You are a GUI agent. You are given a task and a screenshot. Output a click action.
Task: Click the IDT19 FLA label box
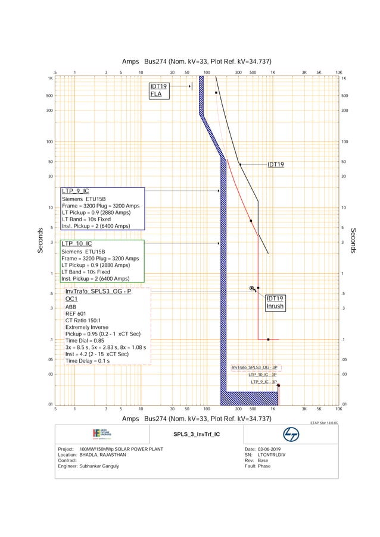click(x=159, y=90)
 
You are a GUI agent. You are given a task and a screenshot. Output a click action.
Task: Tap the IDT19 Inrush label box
click(x=275, y=303)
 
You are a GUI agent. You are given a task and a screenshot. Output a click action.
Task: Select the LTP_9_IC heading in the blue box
click(x=75, y=191)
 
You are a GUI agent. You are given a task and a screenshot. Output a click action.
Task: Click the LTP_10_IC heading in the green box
click(x=77, y=244)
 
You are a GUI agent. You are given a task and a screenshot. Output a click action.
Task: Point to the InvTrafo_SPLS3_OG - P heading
click(x=98, y=291)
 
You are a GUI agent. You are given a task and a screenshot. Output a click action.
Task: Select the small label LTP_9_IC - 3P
click(x=263, y=382)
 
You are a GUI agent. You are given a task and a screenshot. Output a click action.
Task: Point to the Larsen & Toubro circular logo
click(x=291, y=435)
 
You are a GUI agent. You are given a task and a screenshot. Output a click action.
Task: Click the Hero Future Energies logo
click(x=102, y=434)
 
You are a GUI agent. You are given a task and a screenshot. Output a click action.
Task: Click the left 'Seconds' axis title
click(x=41, y=241)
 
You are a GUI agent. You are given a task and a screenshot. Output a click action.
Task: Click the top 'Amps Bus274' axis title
click(x=196, y=61)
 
